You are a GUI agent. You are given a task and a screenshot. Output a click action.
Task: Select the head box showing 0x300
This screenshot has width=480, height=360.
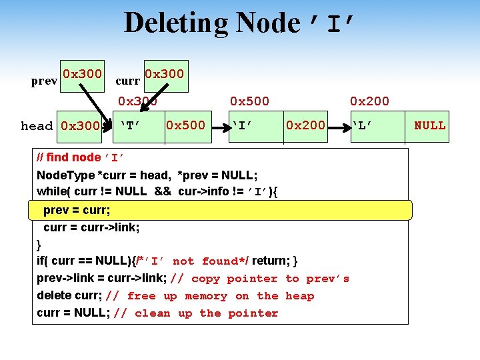(81, 125)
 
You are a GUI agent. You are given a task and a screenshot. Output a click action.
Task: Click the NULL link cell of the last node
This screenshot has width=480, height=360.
(430, 125)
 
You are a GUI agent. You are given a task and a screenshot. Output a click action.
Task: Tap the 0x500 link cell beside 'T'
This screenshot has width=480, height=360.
(186, 125)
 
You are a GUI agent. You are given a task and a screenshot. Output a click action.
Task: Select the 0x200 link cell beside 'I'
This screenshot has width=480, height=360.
(305, 125)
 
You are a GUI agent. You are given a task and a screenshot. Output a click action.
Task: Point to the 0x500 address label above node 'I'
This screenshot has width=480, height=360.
(249, 101)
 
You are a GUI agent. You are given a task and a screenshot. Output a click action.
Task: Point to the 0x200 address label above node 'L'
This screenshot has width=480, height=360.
(370, 101)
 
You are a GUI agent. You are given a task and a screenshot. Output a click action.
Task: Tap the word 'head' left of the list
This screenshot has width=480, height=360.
(37, 126)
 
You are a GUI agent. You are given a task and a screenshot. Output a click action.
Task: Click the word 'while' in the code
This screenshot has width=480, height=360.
(49, 192)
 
